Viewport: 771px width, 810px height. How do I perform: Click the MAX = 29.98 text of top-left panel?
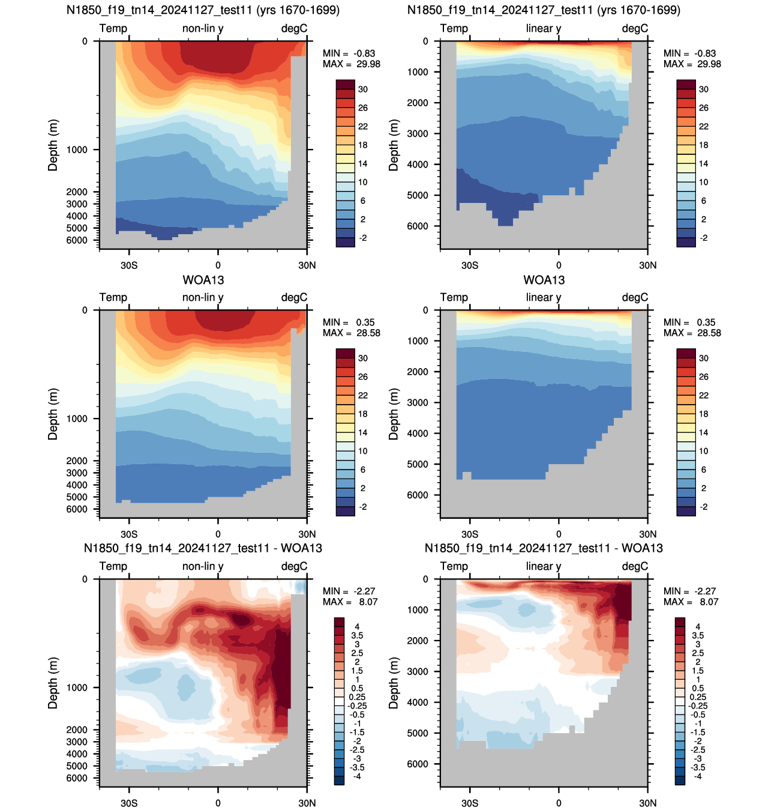point(352,64)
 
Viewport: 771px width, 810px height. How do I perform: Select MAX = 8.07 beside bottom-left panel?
point(350,602)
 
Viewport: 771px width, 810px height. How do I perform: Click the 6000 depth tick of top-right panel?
point(418,226)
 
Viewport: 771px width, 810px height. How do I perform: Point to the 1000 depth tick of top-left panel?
point(77,150)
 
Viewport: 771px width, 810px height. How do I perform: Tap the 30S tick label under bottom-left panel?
point(129,803)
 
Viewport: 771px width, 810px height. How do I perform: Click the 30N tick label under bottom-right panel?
point(647,803)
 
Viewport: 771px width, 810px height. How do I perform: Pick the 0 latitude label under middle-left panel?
point(218,534)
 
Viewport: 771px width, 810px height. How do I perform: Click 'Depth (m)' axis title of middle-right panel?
point(394,414)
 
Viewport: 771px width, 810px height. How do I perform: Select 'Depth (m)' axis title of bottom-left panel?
point(53,683)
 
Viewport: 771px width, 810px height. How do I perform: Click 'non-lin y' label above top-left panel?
point(203,28)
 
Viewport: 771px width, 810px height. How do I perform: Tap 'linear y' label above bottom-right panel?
point(543,566)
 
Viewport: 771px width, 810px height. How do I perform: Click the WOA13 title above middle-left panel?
point(203,280)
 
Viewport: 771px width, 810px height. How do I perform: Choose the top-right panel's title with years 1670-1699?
point(544,10)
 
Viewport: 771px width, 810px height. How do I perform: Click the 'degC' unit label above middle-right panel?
point(635,297)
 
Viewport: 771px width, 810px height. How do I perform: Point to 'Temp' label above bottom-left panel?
point(113,566)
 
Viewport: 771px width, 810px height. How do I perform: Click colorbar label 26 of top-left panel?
point(363,108)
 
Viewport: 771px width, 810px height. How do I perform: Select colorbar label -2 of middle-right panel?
point(703,507)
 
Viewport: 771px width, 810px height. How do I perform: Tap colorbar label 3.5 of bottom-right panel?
point(698,635)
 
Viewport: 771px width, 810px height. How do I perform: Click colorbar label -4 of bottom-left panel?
point(357,776)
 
